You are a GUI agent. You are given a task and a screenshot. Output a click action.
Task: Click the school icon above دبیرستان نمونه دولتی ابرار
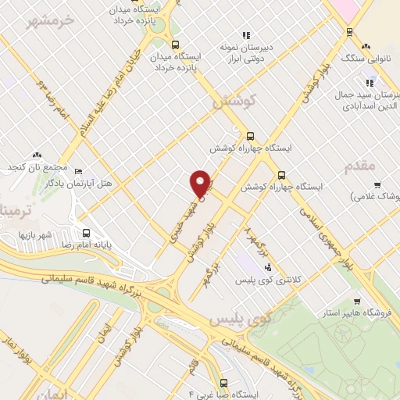(247, 34)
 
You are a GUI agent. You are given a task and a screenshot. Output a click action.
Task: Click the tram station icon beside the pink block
(347, 31)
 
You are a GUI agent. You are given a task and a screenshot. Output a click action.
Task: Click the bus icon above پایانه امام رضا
(85, 232)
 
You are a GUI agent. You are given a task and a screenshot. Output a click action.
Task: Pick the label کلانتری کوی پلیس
(306, 279)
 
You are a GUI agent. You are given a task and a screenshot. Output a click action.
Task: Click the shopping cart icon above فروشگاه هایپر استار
(357, 302)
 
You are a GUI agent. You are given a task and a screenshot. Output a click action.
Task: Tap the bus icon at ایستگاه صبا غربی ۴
(224, 383)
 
